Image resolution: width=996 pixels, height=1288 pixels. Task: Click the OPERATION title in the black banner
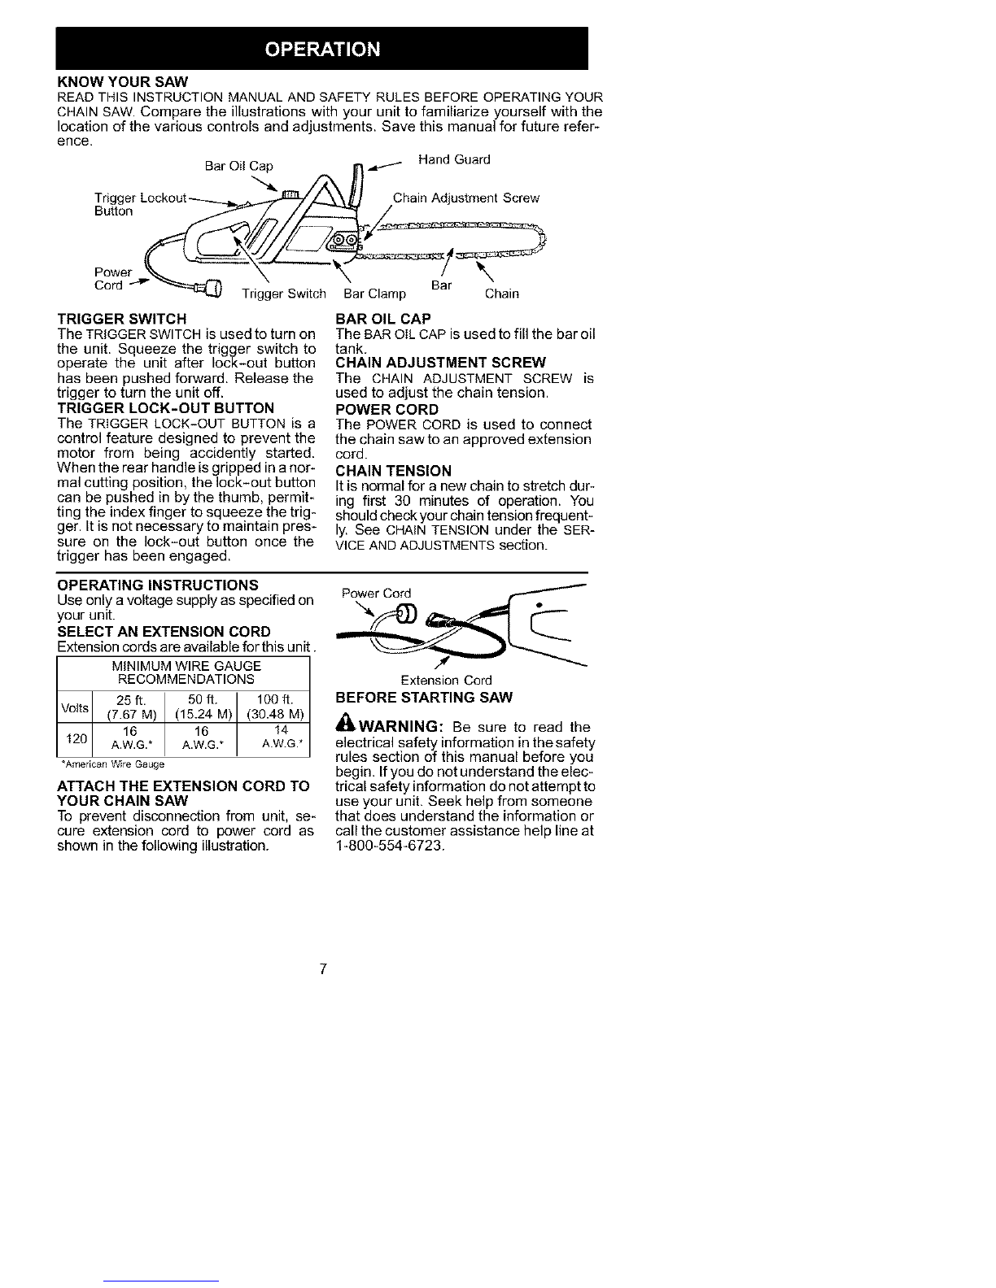[322, 49]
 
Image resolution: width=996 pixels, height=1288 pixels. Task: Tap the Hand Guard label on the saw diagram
[454, 159]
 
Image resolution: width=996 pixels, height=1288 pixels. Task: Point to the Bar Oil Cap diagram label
[239, 166]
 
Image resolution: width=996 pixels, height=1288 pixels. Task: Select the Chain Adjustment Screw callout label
[466, 198]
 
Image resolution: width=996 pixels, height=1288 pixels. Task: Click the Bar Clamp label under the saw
[375, 294]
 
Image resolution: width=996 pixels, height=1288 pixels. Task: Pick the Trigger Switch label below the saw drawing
[284, 294]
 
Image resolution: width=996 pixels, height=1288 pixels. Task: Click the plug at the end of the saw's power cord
[212, 289]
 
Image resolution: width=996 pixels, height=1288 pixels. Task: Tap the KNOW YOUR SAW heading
[123, 82]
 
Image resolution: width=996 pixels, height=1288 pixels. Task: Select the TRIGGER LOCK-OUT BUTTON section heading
[166, 408]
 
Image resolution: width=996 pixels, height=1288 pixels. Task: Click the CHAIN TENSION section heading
[393, 471]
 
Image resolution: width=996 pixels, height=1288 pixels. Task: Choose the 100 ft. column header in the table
[275, 700]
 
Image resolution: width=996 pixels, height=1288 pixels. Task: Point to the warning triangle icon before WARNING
[345, 725]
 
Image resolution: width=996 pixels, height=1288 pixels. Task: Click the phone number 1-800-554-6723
[389, 845]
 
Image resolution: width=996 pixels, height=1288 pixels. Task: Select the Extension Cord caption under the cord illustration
[446, 680]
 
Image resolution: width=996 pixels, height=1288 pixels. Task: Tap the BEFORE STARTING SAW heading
[424, 697]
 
